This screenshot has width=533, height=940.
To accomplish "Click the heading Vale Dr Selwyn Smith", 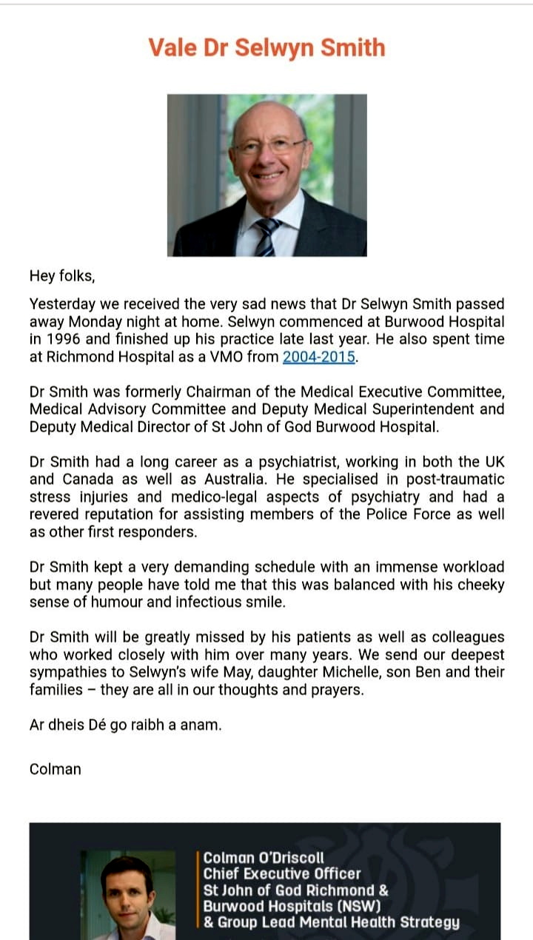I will point(266,48).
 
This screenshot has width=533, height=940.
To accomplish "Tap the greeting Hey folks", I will point(62,276).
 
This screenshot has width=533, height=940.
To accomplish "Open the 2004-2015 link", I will point(320,357).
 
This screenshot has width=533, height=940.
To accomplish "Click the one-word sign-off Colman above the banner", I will point(56,768).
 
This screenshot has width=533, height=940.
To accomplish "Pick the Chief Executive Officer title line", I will point(282,874).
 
